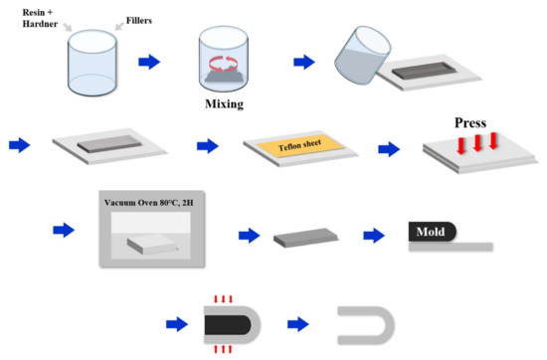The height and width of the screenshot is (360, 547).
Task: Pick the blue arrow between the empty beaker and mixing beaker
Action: click(147, 62)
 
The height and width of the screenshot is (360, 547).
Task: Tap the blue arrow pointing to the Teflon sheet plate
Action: click(209, 147)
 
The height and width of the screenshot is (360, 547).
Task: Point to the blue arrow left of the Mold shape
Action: click(375, 237)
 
